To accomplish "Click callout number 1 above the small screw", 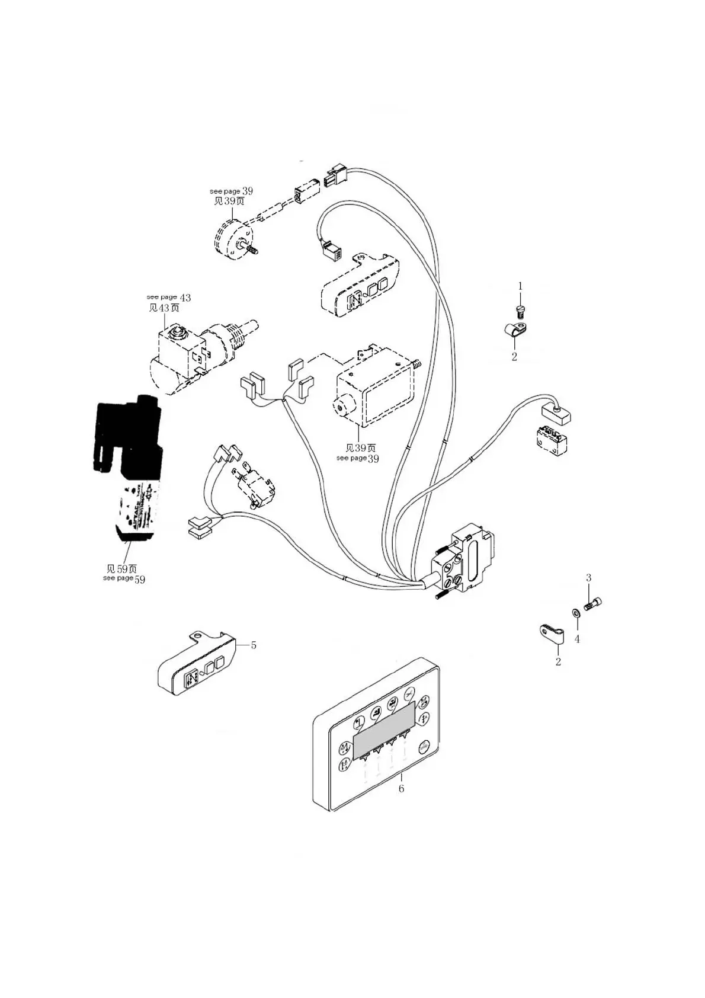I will coord(521,286).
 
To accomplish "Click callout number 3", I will coord(588,577).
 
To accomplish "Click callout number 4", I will coord(577,639).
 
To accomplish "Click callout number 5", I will coord(254,645).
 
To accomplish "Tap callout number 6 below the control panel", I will coord(401,789).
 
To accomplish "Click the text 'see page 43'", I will coord(168,298).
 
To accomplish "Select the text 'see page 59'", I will coord(124,578).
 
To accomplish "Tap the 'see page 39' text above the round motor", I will coord(231,191).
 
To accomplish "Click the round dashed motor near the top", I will coord(231,240).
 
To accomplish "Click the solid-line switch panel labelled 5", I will coord(196,667).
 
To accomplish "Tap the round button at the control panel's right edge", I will coord(424,747).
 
